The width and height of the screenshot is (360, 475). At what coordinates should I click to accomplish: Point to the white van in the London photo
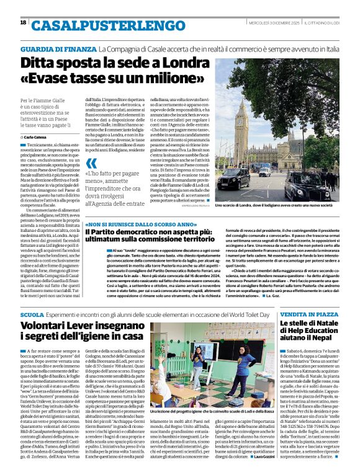[x=265, y=172]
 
